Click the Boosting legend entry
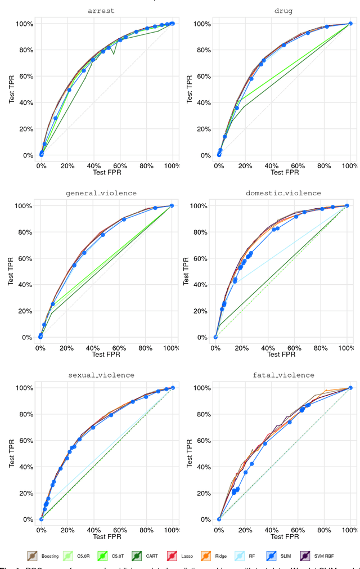pyautogui.click(x=40, y=556)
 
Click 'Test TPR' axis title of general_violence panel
pyautogui.click(x=12, y=271)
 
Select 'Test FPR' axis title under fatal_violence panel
pyautogui.click(x=284, y=536)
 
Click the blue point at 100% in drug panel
pyautogui.click(x=350, y=24)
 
